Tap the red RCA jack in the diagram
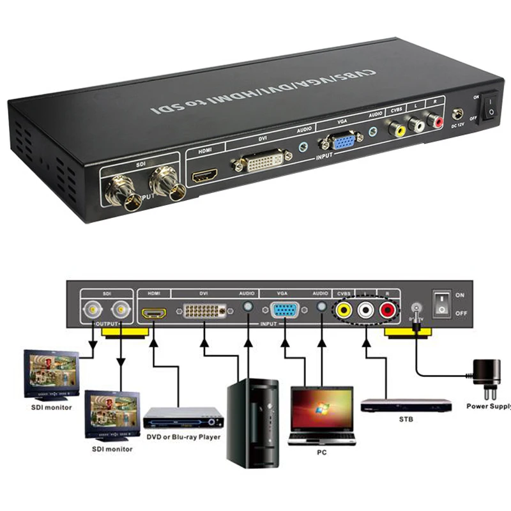click(x=387, y=310)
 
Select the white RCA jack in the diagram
click(x=366, y=310)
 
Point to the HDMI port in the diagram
click(x=153, y=313)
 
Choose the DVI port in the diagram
click(x=204, y=312)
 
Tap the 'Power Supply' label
click(x=488, y=406)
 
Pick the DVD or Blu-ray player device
click(x=183, y=418)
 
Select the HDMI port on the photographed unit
click(x=206, y=175)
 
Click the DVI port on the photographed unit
click(x=263, y=163)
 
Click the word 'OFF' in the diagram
click(x=461, y=314)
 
